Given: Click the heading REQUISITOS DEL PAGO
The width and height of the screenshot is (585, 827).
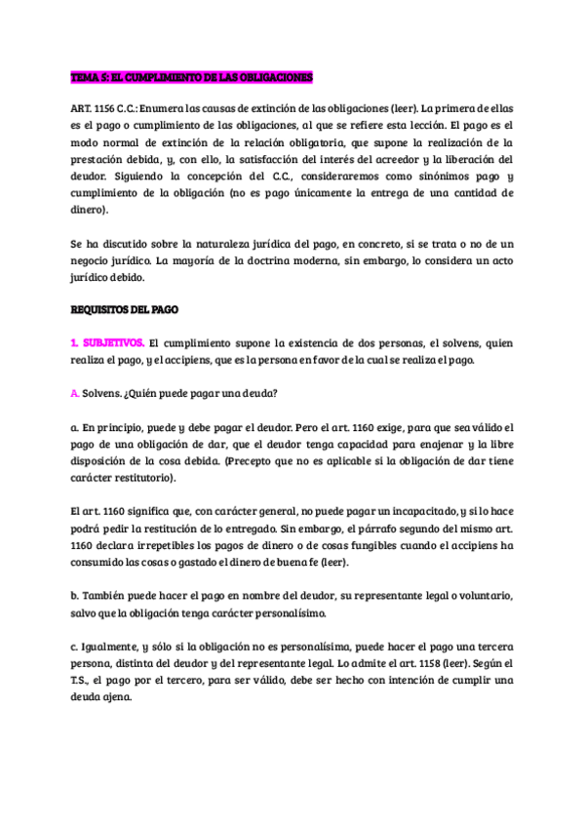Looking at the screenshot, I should click(124, 309).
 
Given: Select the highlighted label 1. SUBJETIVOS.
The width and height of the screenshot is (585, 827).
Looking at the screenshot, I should click(107, 343).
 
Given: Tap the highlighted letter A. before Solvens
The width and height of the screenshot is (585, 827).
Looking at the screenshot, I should click(75, 394).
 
